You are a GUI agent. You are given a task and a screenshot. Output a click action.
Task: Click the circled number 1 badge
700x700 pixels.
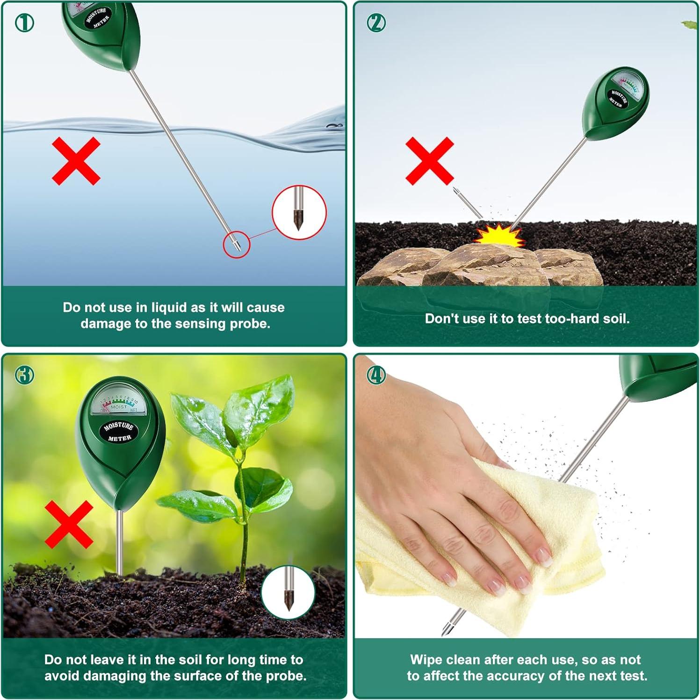coord(24,22)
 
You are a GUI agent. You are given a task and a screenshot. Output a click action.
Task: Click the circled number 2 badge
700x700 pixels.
coord(376,22)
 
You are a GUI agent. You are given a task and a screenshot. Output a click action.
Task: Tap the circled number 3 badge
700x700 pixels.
coord(24,375)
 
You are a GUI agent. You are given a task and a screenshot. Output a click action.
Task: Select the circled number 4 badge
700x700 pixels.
coord(376,375)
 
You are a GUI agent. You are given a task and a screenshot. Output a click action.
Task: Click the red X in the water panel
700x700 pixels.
coord(76,161)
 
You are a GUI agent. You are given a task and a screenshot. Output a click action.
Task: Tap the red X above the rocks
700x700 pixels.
coord(429,161)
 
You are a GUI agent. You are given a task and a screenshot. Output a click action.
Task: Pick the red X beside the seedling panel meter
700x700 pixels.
coord(69,524)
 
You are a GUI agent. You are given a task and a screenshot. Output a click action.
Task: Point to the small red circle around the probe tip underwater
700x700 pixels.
coord(236,244)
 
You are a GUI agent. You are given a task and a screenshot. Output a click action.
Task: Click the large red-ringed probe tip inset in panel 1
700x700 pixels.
coord(299,212)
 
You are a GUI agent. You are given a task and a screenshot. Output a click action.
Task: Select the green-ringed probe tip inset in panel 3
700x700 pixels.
coord(288,592)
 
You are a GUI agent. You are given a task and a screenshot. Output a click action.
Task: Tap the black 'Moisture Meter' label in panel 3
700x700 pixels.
coord(119,432)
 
